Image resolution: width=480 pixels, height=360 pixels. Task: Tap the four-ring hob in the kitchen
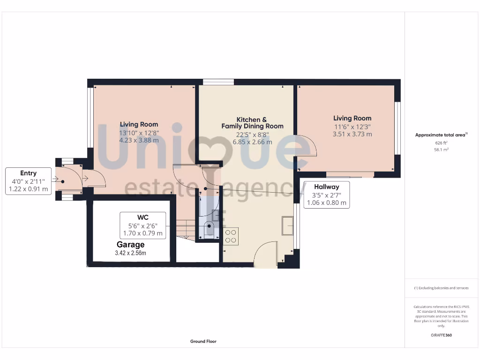click(231, 236)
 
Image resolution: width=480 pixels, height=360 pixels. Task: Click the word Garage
click(130, 245)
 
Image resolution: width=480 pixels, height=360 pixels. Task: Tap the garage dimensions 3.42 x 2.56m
click(130, 253)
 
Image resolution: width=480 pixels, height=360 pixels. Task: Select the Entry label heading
click(28, 173)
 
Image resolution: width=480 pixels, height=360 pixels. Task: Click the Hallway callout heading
click(326, 187)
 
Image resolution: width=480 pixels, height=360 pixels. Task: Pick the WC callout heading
click(142, 217)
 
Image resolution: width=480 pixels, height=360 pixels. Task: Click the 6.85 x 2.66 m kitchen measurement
click(253, 142)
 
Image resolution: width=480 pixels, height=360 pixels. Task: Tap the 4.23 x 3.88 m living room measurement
click(139, 140)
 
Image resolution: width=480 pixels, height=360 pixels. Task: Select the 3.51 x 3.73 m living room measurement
click(352, 134)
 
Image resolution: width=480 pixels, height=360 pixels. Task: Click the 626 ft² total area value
click(441, 143)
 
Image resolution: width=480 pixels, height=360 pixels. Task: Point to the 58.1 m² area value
click(441, 150)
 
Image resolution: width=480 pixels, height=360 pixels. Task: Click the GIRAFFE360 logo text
click(441, 335)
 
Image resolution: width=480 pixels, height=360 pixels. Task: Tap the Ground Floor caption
click(203, 342)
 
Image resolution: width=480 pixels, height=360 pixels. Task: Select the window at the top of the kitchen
click(218, 82)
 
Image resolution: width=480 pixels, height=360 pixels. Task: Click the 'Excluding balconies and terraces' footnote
click(441, 288)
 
